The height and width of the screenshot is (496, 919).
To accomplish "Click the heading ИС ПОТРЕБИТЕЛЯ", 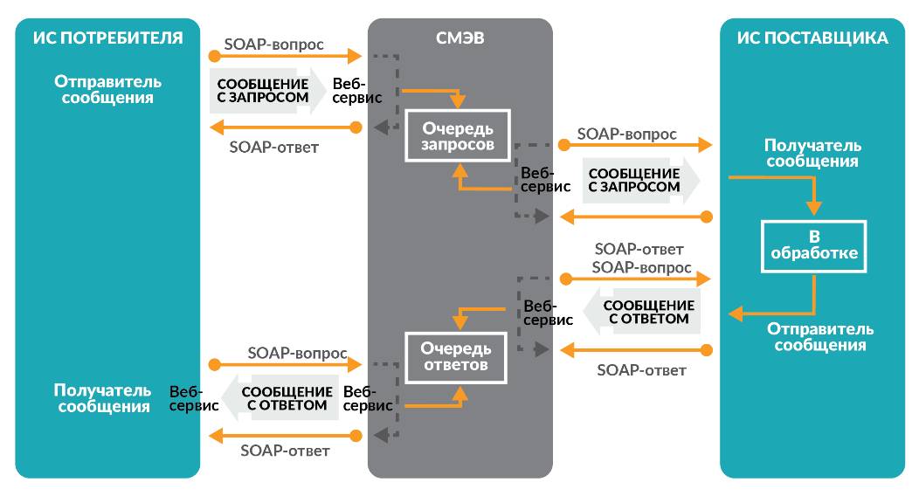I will click(107, 38).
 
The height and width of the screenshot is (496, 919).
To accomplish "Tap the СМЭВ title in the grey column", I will click(459, 38).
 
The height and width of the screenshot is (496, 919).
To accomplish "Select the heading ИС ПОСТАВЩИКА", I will click(812, 38).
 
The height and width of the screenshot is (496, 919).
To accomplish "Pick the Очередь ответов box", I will click(456, 357).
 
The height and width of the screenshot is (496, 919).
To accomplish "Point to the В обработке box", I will click(813, 246).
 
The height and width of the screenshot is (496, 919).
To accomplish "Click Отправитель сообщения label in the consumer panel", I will click(108, 89).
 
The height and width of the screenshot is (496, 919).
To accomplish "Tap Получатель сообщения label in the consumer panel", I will click(102, 398).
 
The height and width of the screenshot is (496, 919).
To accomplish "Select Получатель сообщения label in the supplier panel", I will click(812, 153).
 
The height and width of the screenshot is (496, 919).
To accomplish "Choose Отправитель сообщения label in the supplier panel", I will click(820, 336).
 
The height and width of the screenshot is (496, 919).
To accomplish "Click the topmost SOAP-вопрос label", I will click(274, 43).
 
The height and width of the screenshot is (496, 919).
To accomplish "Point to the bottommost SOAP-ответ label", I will click(285, 451).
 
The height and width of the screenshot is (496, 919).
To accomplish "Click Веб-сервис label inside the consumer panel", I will click(186, 398).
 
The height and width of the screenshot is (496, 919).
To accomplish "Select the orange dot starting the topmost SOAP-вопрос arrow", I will click(214, 57).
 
